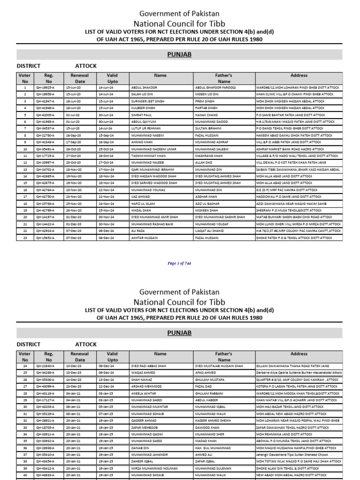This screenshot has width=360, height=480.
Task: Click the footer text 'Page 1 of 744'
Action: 179,263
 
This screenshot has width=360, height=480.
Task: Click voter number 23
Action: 24,238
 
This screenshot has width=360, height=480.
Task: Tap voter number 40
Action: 24,474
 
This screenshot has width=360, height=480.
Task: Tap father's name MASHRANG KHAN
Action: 209,155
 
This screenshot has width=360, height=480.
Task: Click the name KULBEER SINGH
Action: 144,108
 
